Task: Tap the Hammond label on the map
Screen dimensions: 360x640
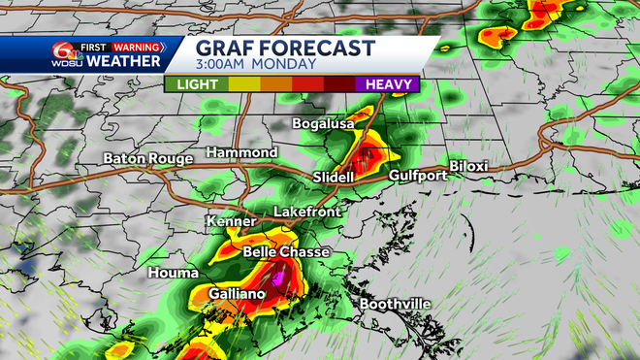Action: pos(242,153)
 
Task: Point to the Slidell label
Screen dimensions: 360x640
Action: pos(336,177)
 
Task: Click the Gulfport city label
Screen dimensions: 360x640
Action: pos(418,176)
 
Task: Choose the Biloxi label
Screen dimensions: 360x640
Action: pos(468,166)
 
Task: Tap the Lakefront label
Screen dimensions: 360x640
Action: pos(307,211)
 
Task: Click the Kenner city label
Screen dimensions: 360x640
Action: pos(231,222)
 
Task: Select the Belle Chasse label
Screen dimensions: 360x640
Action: pos(285,251)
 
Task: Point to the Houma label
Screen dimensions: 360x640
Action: pos(174,274)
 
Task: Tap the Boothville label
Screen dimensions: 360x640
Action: pos(395,305)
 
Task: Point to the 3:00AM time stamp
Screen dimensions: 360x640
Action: pos(227,65)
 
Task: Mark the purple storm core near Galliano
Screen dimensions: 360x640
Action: pos(280,278)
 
